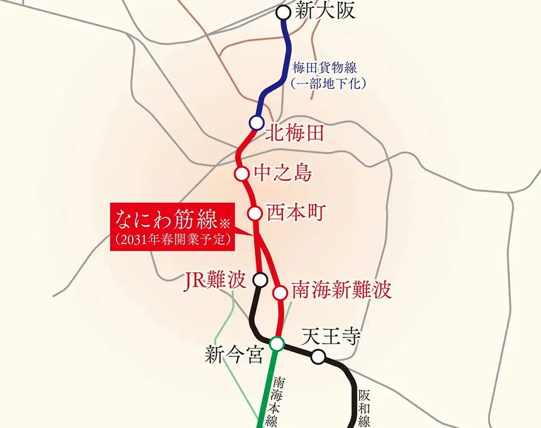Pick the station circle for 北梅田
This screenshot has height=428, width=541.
click(x=257, y=122)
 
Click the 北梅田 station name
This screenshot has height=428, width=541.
click(x=294, y=133)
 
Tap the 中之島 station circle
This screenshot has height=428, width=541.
click(x=242, y=173)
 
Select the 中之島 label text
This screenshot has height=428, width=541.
click(x=283, y=173)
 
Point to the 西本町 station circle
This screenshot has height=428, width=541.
click(x=255, y=213)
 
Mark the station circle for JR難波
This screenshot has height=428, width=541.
click(x=260, y=279)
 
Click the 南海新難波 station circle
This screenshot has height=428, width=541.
click(x=280, y=293)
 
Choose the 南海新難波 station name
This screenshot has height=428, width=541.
click(x=342, y=291)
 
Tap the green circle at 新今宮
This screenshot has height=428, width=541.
click(x=277, y=343)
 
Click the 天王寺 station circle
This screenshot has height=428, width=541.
click(x=318, y=356)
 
